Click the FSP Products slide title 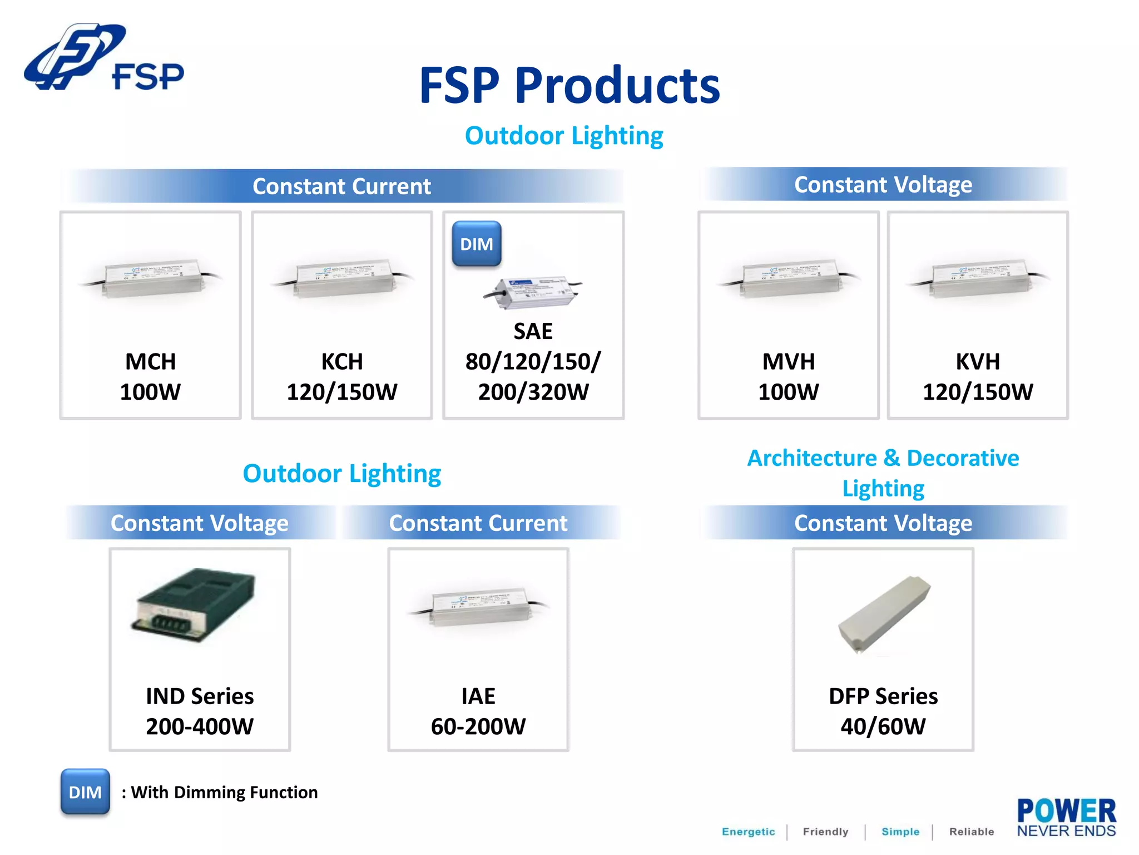coord(569,86)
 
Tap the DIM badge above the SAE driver coord(477,244)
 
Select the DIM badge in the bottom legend coord(85,792)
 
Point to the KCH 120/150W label coord(341,377)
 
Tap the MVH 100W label coord(788,377)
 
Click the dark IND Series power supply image coord(194,605)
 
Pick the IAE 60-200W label coord(478,711)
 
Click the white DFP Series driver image coord(884,615)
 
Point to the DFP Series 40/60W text coord(883,711)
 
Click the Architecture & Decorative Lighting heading coord(883,473)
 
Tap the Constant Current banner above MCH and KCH coord(341,186)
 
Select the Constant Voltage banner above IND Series coord(200,523)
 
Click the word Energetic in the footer coord(748,832)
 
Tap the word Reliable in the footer coord(971,832)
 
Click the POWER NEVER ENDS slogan coord(1066,818)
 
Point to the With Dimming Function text coord(224,792)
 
